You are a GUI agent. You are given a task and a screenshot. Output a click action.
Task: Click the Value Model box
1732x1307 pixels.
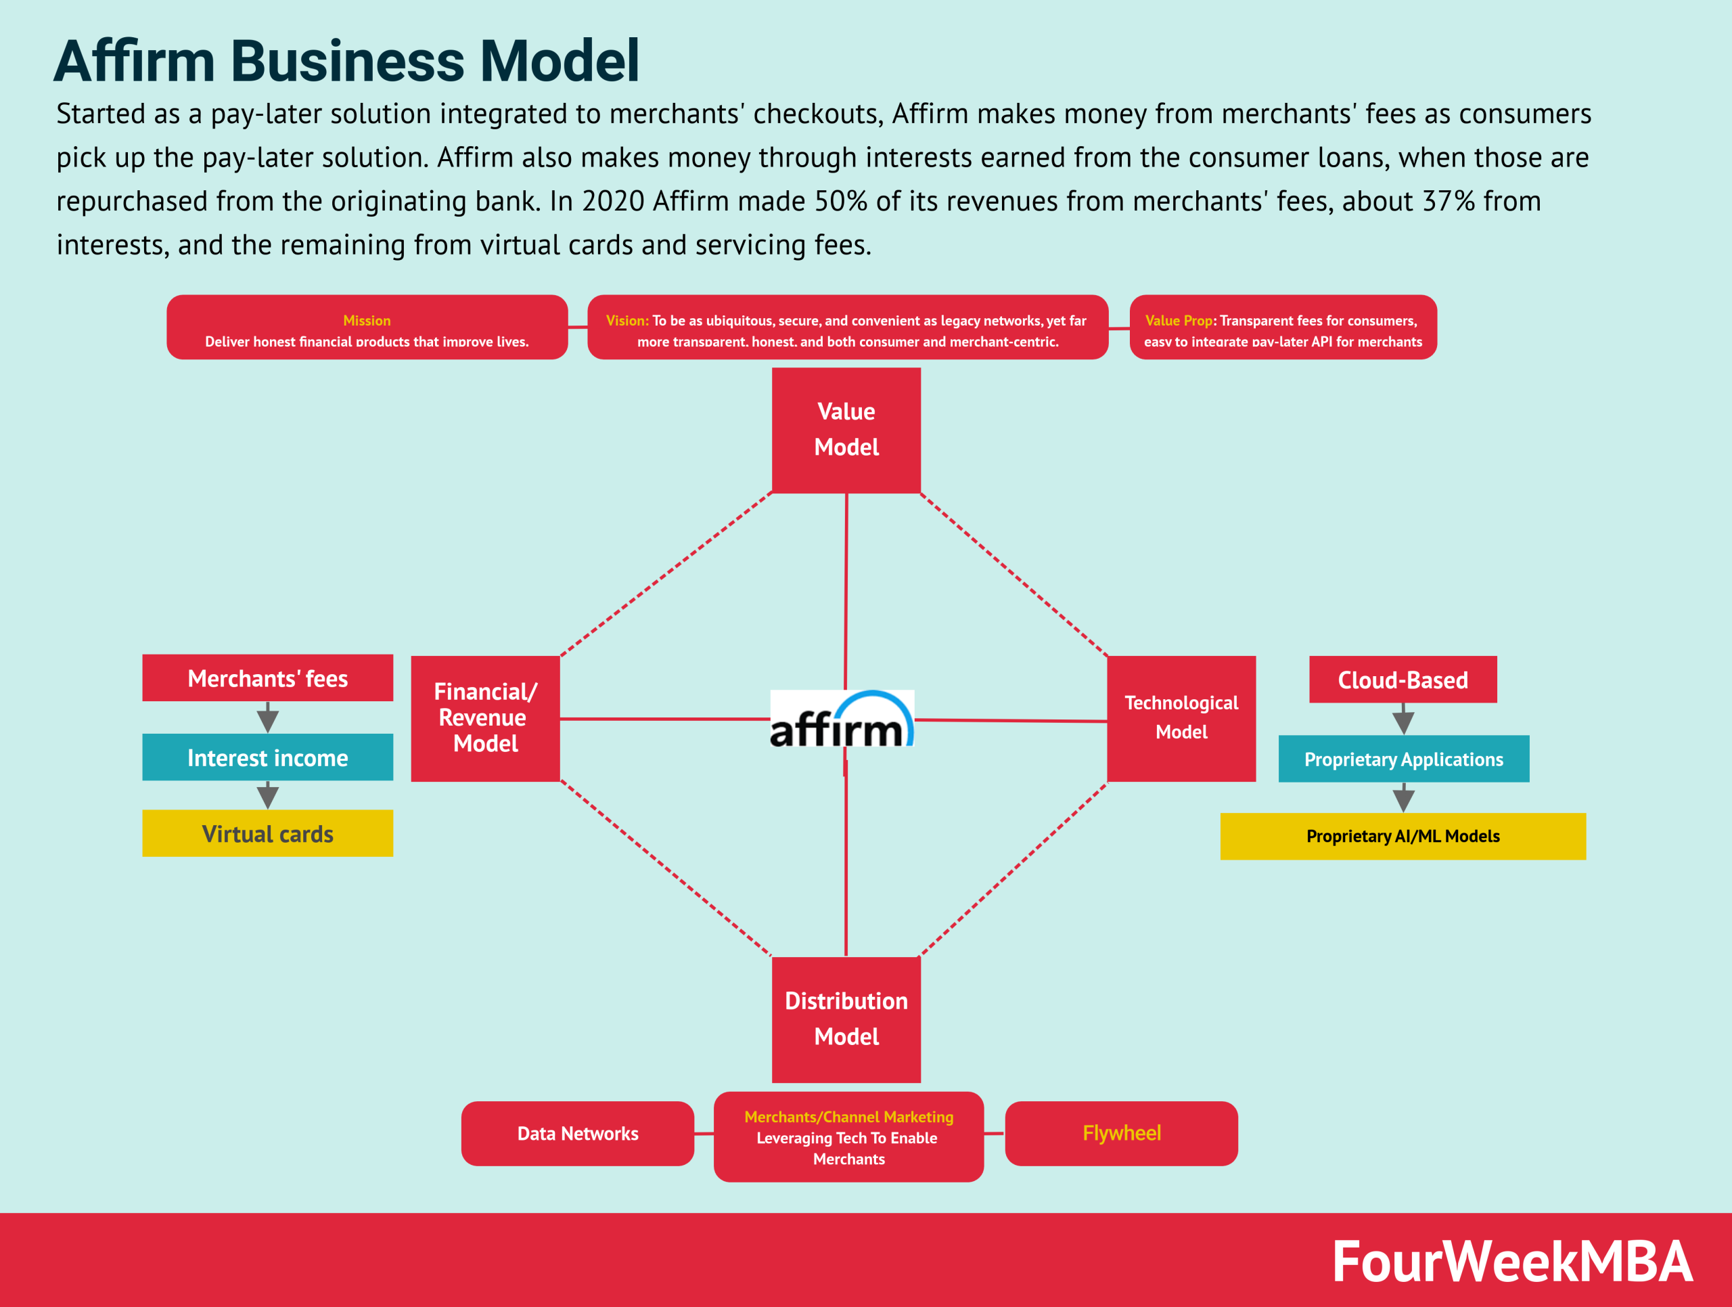pos(846,430)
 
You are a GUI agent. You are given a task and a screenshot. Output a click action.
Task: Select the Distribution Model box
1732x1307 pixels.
pos(846,1019)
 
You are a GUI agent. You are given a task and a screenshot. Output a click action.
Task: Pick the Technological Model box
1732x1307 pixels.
pos(1181,718)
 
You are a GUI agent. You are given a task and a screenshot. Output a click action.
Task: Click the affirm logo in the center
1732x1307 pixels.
pos(842,719)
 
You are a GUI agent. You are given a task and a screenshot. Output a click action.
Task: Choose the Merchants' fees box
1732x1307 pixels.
pos(267,678)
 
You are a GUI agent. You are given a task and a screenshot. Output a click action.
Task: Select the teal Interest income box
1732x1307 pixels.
pos(267,757)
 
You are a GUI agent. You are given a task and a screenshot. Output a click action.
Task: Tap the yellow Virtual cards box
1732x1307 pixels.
pos(267,833)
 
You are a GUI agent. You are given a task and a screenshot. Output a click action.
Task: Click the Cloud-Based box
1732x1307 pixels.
pos(1403,680)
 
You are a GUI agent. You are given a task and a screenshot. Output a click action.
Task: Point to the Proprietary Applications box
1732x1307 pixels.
pos(1403,759)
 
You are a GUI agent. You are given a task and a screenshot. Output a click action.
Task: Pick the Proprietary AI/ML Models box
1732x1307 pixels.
pos(1403,837)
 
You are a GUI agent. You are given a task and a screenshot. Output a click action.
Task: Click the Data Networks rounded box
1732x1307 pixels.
pos(577,1133)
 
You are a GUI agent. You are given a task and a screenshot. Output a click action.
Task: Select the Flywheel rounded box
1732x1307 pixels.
pos(1120,1133)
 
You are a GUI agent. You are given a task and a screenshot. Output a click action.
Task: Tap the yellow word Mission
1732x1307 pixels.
pos(367,320)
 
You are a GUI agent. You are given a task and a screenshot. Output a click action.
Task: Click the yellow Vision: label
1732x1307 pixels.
pos(627,320)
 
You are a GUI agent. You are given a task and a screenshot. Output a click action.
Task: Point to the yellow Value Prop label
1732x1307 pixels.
pos(1179,320)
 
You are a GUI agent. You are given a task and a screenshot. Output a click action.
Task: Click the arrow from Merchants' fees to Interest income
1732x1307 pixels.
pos(268,717)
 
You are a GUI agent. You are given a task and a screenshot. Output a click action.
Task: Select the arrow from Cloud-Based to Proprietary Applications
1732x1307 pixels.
pos(1403,719)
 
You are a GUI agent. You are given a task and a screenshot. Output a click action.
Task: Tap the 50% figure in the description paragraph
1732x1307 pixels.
pos(840,201)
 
